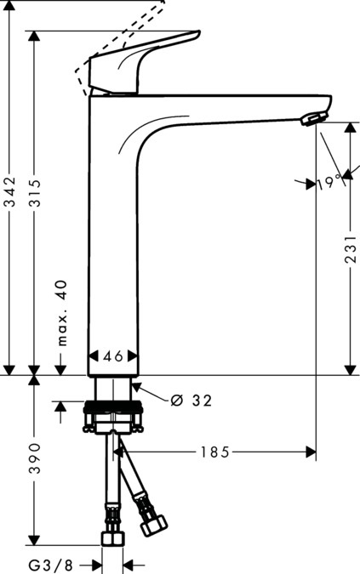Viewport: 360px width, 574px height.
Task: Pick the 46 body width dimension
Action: click(x=114, y=357)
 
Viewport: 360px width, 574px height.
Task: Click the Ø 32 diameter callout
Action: click(x=191, y=400)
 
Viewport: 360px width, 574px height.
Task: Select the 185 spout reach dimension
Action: click(x=215, y=452)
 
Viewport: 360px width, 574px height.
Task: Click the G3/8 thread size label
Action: click(x=49, y=565)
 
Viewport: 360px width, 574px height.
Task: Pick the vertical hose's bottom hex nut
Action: click(x=111, y=539)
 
